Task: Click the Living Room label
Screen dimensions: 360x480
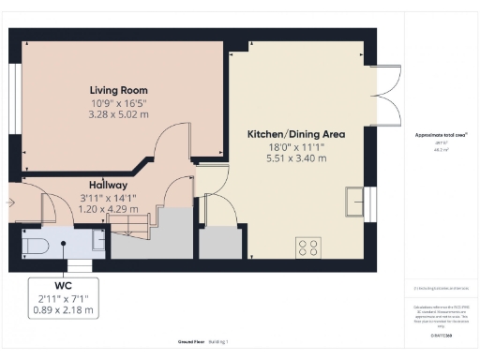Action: (120, 90)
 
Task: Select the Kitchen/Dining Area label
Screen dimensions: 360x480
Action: (295, 134)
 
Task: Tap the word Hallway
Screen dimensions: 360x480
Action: (109, 185)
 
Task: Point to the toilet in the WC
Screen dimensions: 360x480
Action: (35, 246)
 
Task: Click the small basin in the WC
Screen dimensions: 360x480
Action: (98, 241)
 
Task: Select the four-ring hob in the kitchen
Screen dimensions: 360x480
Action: (307, 247)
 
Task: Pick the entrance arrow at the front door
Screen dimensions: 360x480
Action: (10, 202)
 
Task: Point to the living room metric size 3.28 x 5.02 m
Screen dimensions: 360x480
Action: (120, 114)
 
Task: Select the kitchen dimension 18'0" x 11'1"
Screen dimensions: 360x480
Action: (295, 147)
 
